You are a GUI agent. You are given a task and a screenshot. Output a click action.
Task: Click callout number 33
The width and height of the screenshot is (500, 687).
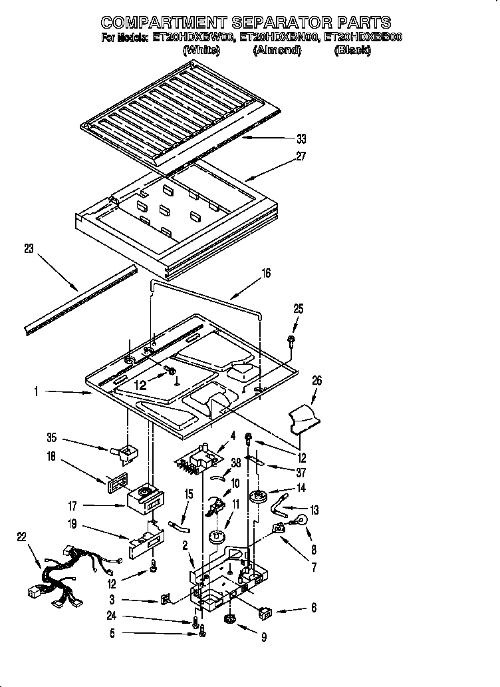click(x=301, y=138)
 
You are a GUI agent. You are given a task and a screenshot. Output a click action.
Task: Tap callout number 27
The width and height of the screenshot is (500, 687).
click(x=301, y=156)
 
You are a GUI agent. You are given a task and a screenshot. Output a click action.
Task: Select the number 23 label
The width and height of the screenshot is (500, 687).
click(x=29, y=249)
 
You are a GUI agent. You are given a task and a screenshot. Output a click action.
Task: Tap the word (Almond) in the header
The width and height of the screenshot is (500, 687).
click(x=277, y=51)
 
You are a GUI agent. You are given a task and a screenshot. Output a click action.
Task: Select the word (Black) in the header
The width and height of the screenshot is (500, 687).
click(x=352, y=51)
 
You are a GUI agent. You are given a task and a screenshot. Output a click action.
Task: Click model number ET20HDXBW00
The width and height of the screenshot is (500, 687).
click(x=188, y=38)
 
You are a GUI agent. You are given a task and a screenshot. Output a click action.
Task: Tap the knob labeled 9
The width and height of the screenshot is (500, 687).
click(x=231, y=619)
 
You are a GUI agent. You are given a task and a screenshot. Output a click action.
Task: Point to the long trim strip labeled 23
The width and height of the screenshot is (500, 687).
click(x=80, y=298)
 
